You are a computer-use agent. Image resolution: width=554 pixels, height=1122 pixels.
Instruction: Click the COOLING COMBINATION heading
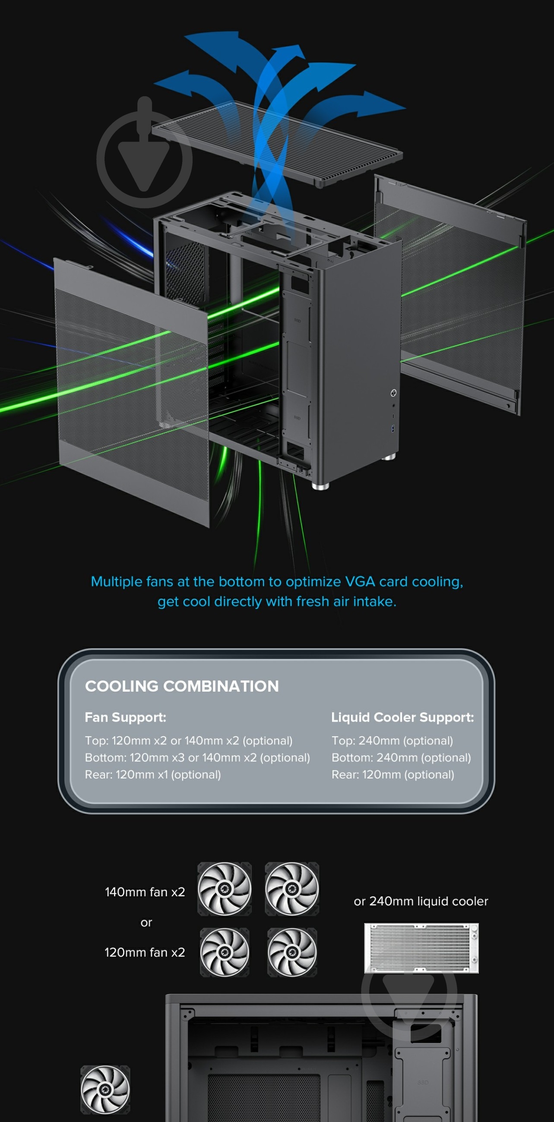(x=182, y=686)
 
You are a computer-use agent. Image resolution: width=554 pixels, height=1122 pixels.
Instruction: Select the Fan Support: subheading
(x=126, y=717)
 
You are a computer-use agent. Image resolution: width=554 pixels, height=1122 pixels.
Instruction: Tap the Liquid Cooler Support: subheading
(x=402, y=717)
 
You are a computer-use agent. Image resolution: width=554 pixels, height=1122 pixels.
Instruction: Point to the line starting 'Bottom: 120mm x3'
(x=197, y=757)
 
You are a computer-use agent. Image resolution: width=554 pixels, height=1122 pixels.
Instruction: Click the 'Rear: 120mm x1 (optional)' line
(x=152, y=775)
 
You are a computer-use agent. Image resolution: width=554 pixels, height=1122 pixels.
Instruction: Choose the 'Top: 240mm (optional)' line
(x=392, y=741)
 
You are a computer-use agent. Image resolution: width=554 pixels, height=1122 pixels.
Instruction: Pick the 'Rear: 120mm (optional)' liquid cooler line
(x=393, y=775)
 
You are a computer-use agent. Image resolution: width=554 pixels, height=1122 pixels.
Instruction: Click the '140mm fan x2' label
(x=145, y=892)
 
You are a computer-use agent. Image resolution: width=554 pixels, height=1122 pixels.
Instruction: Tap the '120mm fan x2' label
(x=145, y=952)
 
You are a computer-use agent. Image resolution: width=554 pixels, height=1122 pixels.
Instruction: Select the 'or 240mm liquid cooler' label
(x=421, y=901)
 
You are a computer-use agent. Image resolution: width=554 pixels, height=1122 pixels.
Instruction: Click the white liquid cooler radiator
(x=421, y=948)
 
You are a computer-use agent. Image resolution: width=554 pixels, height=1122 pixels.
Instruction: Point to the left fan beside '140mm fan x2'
(x=225, y=889)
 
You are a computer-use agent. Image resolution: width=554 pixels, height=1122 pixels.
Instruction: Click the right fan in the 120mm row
(x=292, y=952)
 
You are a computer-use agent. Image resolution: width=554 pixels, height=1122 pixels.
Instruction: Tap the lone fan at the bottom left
(x=105, y=1089)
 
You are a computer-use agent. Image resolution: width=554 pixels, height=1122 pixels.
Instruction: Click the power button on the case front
(x=393, y=393)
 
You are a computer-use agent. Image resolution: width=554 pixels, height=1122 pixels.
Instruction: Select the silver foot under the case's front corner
(x=321, y=486)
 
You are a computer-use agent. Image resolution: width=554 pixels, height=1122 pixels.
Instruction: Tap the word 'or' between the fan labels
(x=146, y=923)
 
